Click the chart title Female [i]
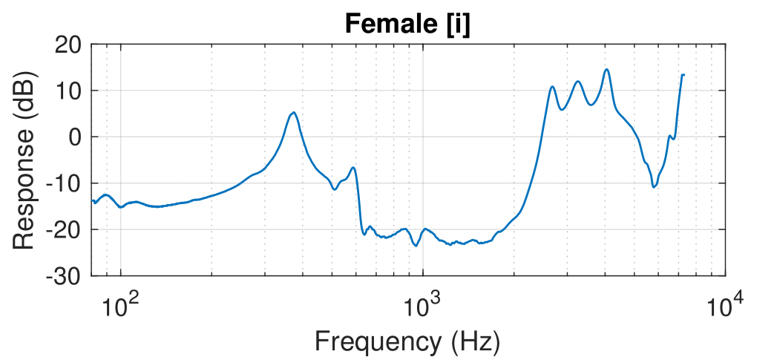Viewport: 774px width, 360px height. pyautogui.click(x=407, y=24)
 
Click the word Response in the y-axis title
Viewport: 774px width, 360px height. pyautogui.click(x=24, y=193)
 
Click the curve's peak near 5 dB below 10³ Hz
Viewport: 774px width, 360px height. pyautogui.click(x=294, y=113)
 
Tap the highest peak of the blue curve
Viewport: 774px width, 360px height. pyautogui.click(x=606, y=70)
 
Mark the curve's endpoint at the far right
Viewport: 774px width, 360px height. pyautogui.click(x=683, y=74)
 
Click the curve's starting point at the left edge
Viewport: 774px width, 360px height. pyautogui.click(x=93, y=200)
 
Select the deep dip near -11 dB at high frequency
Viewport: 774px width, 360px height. pyautogui.click(x=654, y=186)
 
